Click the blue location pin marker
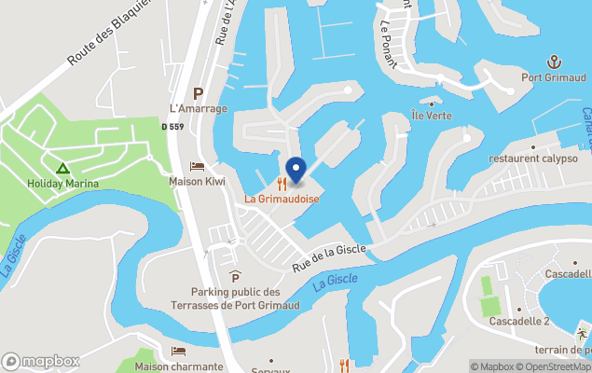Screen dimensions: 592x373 [x=296, y=171]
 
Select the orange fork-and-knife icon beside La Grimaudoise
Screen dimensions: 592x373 [x=281, y=184]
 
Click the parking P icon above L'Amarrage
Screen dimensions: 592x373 [x=198, y=93]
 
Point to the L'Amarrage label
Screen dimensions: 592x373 [x=198, y=109]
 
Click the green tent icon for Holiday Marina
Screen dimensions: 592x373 [x=62, y=169]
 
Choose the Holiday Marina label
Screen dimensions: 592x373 [x=62, y=184]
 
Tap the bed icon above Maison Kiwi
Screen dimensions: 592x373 [x=197, y=165]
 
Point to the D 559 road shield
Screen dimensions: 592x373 [x=172, y=127]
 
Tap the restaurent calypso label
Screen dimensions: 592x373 [x=533, y=158]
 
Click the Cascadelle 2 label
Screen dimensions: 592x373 [x=520, y=322]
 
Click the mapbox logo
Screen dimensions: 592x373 [x=41, y=361]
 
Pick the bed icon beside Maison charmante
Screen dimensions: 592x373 [x=178, y=351]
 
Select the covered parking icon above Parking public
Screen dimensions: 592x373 [x=235, y=276]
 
